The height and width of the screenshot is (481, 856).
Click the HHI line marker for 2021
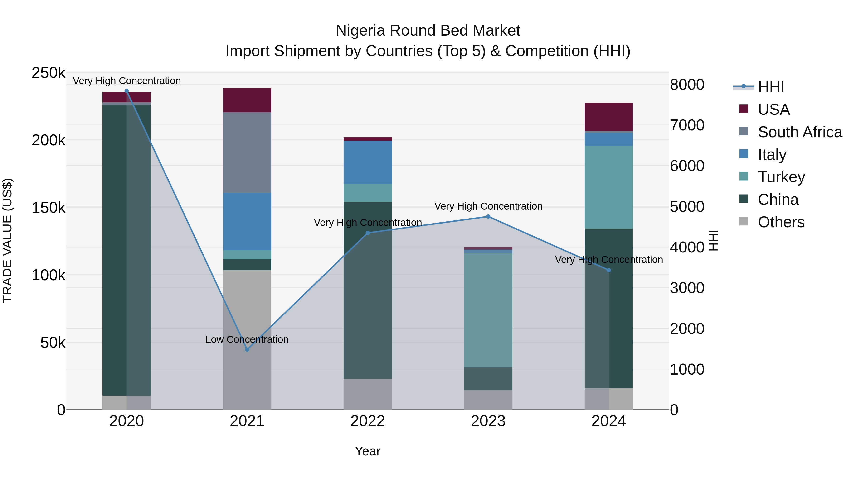pyautogui.click(x=247, y=350)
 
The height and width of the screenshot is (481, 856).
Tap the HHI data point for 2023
pyautogui.click(x=488, y=216)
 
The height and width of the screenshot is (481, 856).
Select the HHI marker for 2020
pyautogui.click(x=126, y=91)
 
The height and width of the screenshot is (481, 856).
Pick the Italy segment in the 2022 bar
pyautogui.click(x=368, y=162)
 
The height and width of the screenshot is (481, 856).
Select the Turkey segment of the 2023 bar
pyautogui.click(x=488, y=310)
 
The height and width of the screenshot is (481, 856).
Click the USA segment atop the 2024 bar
pyautogui.click(x=608, y=117)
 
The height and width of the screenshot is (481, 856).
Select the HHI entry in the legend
pyautogui.click(x=771, y=87)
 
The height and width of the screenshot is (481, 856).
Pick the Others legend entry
pyautogui.click(x=781, y=222)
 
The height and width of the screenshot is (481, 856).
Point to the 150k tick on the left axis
pyautogui.click(x=49, y=208)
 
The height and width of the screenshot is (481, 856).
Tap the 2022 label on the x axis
pyautogui.click(x=368, y=421)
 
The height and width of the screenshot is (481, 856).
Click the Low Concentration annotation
pyautogui.click(x=247, y=339)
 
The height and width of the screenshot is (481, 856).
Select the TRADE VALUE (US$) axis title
pyautogui.click(x=7, y=240)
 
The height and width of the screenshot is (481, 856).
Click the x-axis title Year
pyautogui.click(x=368, y=451)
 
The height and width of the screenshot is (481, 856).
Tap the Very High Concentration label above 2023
pyautogui.click(x=488, y=206)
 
